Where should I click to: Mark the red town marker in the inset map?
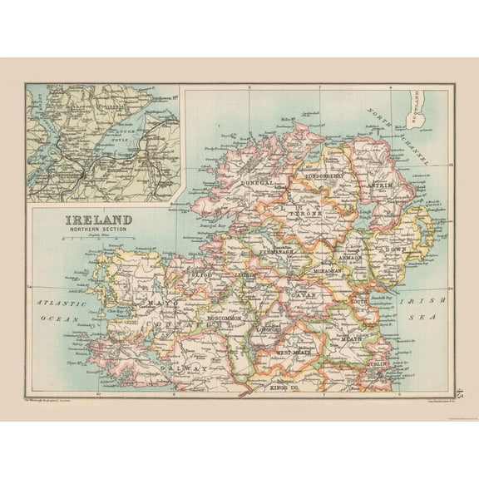click(x=86, y=175)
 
